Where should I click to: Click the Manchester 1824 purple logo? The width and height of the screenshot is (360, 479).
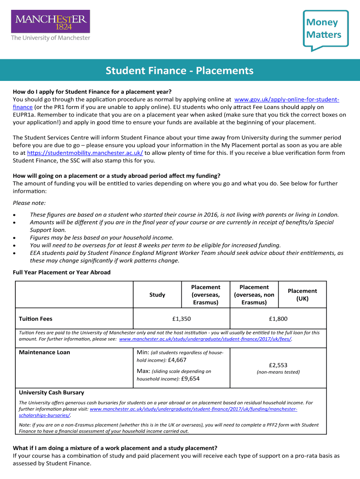tap(50, 22)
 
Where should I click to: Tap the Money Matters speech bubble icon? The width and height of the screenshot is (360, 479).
tap(324, 29)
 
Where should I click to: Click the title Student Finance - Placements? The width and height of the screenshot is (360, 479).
tap(180, 71)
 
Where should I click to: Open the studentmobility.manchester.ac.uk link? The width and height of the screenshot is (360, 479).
tap(85, 152)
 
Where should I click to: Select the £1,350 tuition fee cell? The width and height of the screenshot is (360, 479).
tap(181, 319)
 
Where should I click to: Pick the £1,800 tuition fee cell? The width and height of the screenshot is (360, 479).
tap(278, 319)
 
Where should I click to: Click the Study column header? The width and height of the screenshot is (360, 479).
tap(157, 295)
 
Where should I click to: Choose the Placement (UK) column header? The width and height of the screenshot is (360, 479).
tap(302, 295)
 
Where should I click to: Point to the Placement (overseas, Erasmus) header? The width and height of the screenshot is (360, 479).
tap(205, 295)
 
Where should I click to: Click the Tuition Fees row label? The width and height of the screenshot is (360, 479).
tap(36, 319)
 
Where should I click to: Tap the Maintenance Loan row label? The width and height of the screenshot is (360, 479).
tap(44, 352)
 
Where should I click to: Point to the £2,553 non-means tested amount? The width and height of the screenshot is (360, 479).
tap(278, 365)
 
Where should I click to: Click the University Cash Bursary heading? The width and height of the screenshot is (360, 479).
tap(51, 392)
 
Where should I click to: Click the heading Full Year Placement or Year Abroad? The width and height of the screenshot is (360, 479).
tap(62, 272)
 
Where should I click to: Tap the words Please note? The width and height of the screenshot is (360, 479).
tap(29, 203)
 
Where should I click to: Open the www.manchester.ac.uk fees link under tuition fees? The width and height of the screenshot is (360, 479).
tap(205, 339)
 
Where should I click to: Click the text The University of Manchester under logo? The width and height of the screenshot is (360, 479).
tap(50, 38)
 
